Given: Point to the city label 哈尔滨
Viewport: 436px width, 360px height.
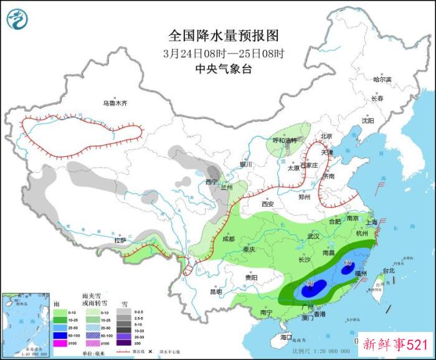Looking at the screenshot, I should (x=382, y=80).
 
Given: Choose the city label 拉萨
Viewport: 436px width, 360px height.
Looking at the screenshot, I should (x=120, y=240).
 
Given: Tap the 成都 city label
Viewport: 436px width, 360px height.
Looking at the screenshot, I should (x=227, y=239).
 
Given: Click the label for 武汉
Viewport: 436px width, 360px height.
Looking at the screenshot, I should (x=313, y=236).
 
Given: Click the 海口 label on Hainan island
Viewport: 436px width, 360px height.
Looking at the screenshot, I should (x=286, y=336).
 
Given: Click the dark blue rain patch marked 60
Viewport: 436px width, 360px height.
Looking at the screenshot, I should (x=347, y=268).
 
